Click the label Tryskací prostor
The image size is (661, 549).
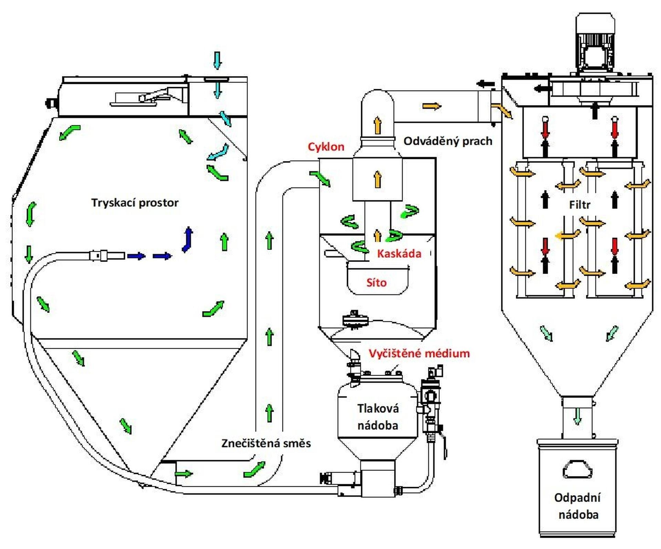coord(135,203)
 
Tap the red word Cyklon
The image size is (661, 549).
coord(326,147)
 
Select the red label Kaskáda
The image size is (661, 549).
coord(399,254)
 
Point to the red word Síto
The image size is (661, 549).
coord(376,283)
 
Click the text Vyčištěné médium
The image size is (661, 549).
coord(419,353)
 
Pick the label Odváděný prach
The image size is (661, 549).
coord(448,141)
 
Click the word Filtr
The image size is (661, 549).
coord(580,205)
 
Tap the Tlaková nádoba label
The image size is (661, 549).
coord(378,417)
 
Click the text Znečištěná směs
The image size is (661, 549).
coord(266,443)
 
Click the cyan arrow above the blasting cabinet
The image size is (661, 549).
coord(217,60)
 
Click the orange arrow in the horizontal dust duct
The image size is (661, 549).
coord(432,106)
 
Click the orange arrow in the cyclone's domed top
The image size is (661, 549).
coord(378,125)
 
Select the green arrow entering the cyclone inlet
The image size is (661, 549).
coord(320,179)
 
